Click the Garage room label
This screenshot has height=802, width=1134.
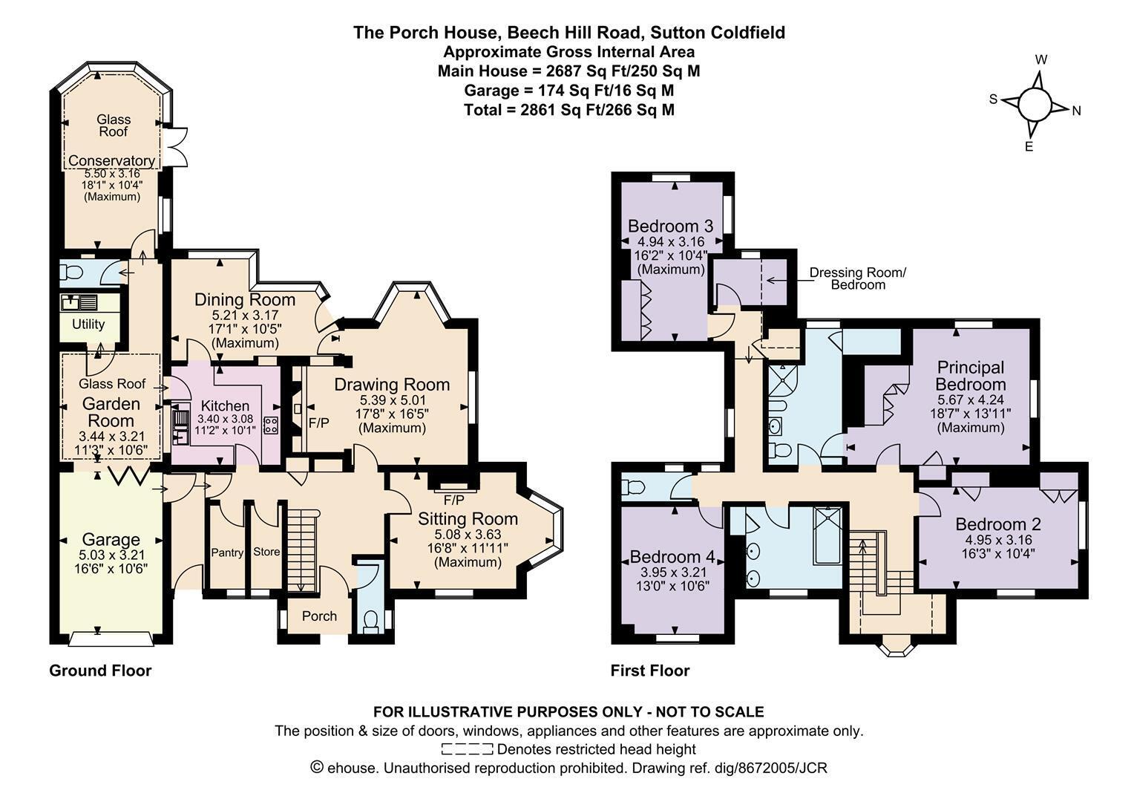click(x=111, y=540)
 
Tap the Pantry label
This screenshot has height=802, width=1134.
click(x=227, y=552)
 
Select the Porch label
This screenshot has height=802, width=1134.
click(x=319, y=616)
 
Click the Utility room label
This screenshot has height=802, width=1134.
click(x=88, y=325)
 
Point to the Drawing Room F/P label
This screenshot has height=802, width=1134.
click(x=319, y=423)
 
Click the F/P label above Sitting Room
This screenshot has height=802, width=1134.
click(x=453, y=501)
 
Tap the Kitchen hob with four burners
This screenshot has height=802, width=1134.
click(x=271, y=425)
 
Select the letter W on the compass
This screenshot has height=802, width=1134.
click(x=1040, y=60)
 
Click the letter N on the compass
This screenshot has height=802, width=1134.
click(x=1076, y=111)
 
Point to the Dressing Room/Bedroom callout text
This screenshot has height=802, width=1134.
click(x=858, y=278)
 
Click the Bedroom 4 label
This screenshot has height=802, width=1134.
click(x=673, y=557)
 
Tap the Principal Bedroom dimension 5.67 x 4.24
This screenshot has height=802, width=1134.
click(x=971, y=400)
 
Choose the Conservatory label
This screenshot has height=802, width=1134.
click(x=112, y=160)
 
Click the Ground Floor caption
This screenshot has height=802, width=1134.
click(x=100, y=671)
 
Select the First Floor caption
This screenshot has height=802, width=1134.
click(x=650, y=671)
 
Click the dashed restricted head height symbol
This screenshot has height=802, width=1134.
click(x=468, y=749)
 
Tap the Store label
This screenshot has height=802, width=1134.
click(x=266, y=552)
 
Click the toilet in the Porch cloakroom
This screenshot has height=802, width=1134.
click(x=371, y=622)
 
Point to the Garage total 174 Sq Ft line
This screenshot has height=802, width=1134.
click(x=569, y=91)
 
